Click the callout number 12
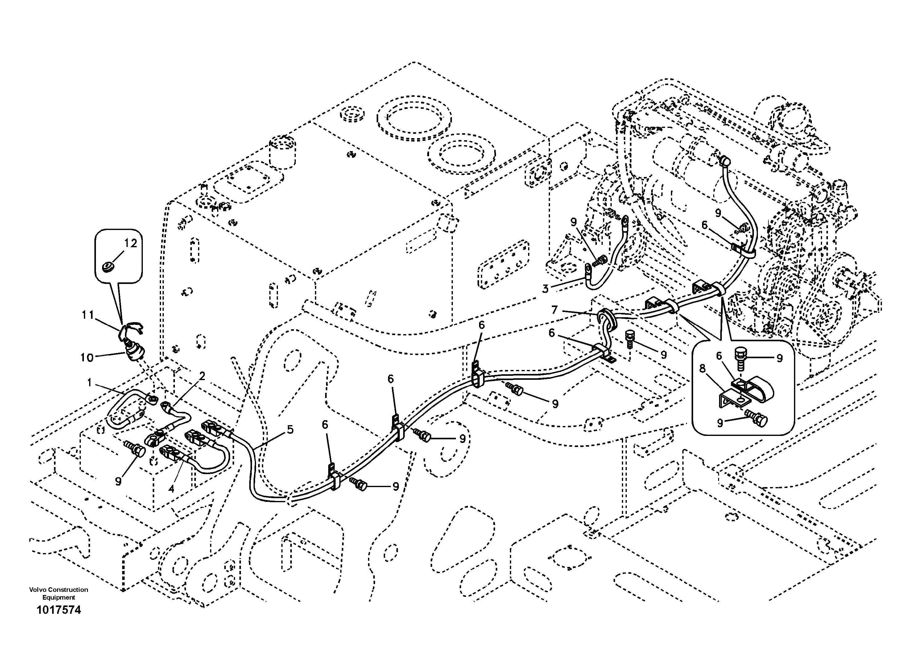pyautogui.click(x=130, y=243)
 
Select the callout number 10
pyautogui.click(x=87, y=358)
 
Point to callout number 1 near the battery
pyautogui.click(x=89, y=383)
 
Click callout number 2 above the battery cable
pyautogui.click(x=202, y=376)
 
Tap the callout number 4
pyautogui.click(x=171, y=489)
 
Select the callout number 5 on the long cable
pyautogui.click(x=290, y=430)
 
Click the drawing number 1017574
pyautogui.click(x=59, y=610)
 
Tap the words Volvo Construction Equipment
pyautogui.click(x=59, y=593)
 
